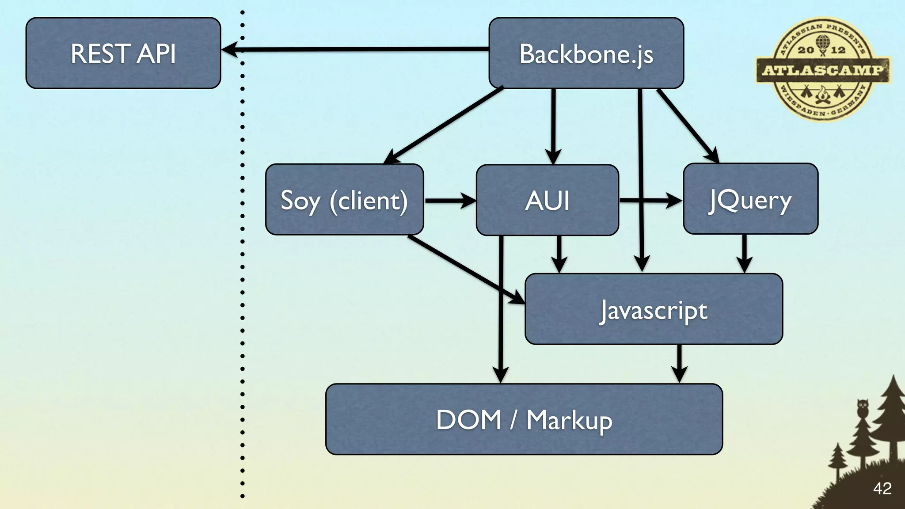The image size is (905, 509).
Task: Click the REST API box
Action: click(x=123, y=53)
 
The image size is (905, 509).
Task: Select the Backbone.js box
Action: click(x=586, y=53)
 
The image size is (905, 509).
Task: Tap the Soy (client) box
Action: click(x=344, y=199)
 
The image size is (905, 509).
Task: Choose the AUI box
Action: click(x=547, y=200)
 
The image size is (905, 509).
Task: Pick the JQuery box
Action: click(x=750, y=199)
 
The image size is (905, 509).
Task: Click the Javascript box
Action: click(x=654, y=309)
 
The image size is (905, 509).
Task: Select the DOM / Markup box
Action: click(x=524, y=419)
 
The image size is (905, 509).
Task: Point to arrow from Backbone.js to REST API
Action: click(x=354, y=49)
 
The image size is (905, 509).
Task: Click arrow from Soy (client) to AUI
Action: click(x=449, y=201)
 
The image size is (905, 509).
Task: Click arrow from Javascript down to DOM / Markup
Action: click(x=679, y=363)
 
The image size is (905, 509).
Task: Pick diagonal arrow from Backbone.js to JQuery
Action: click(x=687, y=125)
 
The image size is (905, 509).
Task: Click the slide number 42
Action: click(x=882, y=489)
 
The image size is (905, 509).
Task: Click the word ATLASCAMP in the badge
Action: click(x=823, y=70)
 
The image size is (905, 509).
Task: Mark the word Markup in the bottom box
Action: click(x=569, y=420)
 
